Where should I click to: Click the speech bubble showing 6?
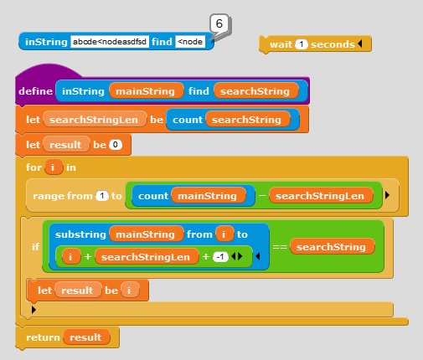[219, 24]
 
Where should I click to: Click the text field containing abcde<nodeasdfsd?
[110, 42]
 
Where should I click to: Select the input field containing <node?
[190, 42]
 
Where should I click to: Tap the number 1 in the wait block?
[301, 44]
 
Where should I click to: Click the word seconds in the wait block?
[333, 44]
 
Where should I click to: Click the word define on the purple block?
[35, 91]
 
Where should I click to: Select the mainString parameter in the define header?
[146, 91]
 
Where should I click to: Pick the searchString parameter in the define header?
[255, 91]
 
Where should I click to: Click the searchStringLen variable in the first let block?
[95, 120]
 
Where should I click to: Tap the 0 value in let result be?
[116, 145]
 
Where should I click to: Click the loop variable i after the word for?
[54, 167]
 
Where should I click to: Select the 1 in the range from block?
[102, 196]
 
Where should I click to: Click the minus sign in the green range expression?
[262, 196]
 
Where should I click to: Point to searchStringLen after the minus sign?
[321, 196]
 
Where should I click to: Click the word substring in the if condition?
[80, 234]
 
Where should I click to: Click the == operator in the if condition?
[280, 247]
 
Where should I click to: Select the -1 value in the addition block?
[220, 257]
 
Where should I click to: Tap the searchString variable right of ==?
[332, 247]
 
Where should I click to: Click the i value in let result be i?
[130, 291]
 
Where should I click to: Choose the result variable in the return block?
[86, 337]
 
